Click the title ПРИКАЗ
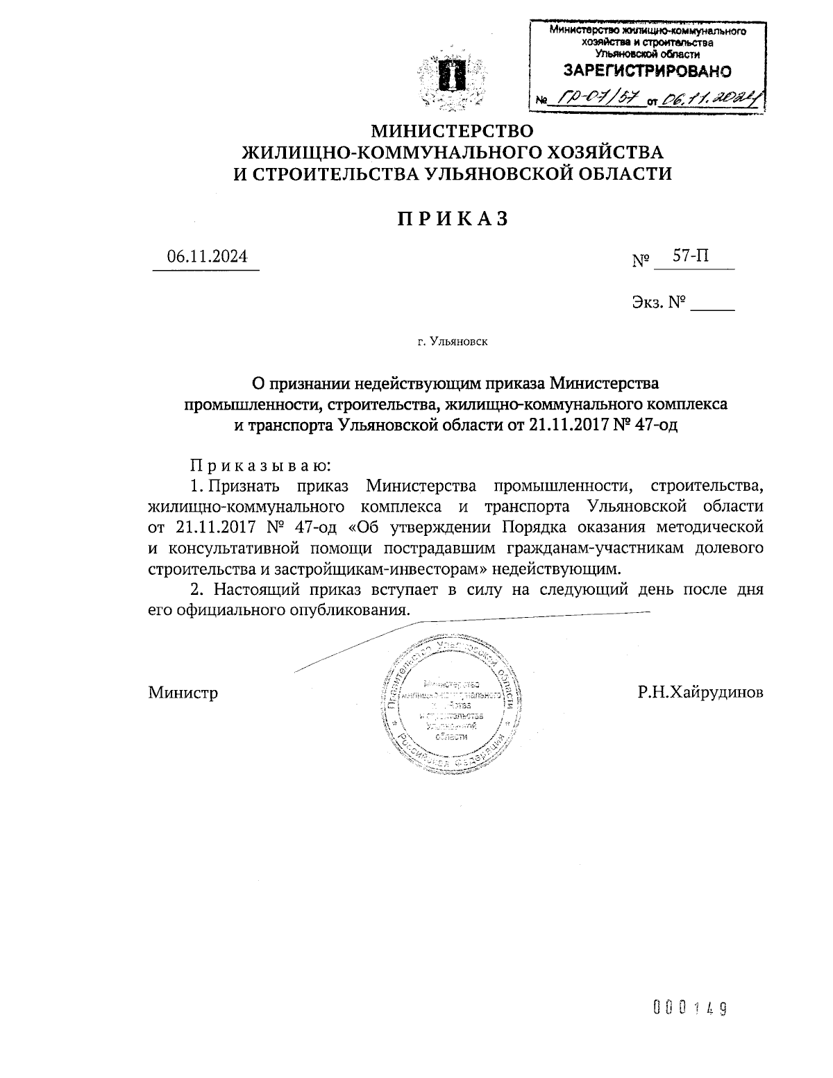click(453, 219)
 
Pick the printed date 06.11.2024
click(206, 256)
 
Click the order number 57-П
click(691, 256)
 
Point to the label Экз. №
click(659, 303)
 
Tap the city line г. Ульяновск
click(453, 342)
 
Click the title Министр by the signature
click(183, 692)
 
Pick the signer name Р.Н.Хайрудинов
click(701, 692)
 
